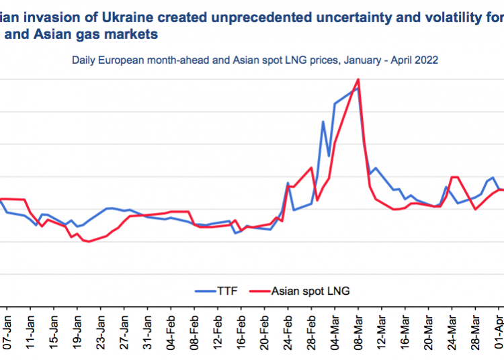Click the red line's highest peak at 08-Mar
click(x=358, y=79)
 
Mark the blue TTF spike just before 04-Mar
click(x=323, y=122)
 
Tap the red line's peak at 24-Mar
click(x=454, y=177)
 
